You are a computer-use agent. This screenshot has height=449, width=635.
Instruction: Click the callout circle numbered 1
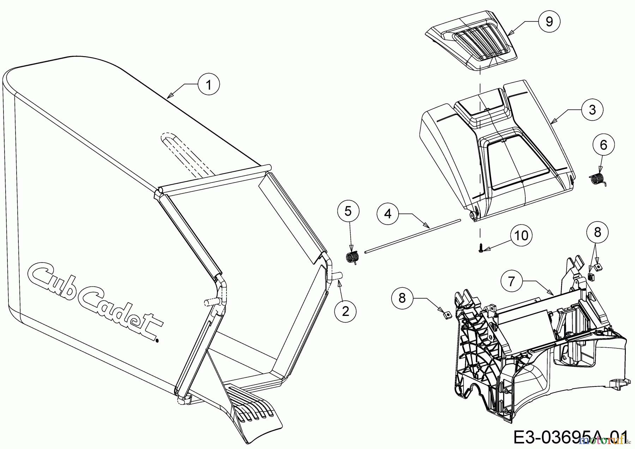pyautogui.click(x=208, y=85)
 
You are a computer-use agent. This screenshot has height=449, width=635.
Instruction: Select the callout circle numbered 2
pyautogui.click(x=345, y=311)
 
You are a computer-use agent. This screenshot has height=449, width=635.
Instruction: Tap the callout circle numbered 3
pyautogui.click(x=592, y=110)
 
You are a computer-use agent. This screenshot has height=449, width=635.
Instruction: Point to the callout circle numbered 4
pyautogui.click(x=388, y=214)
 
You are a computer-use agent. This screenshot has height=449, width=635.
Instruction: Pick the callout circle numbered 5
pyautogui.click(x=348, y=211)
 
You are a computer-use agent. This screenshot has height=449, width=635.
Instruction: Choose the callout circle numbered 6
pyautogui.click(x=603, y=145)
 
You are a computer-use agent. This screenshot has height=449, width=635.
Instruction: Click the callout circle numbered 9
pyautogui.click(x=549, y=22)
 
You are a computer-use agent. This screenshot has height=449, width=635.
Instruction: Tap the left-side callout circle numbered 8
pyautogui.click(x=402, y=298)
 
